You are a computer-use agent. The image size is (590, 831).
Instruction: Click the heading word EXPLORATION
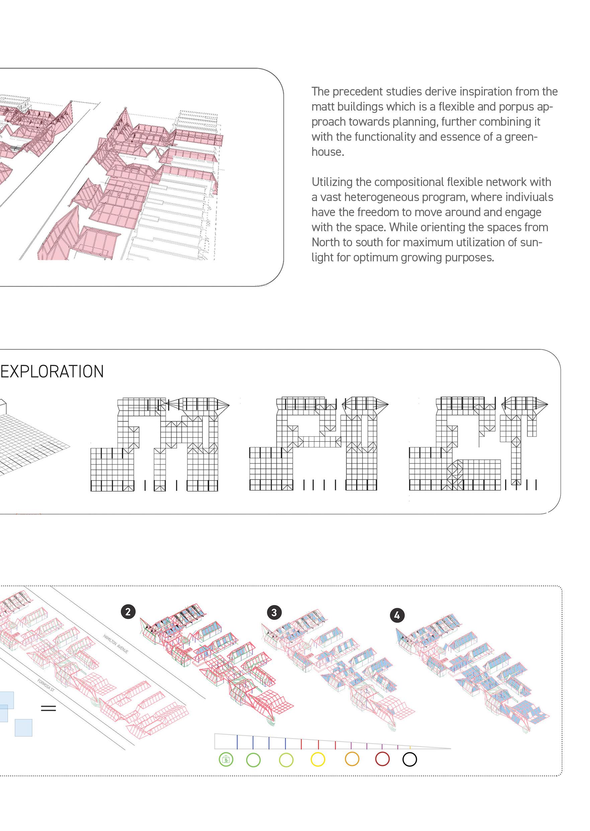[52, 372]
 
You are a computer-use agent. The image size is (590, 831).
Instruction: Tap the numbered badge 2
[128, 612]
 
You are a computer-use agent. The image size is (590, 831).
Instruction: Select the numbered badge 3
[274, 613]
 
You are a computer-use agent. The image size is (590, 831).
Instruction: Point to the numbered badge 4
[397, 615]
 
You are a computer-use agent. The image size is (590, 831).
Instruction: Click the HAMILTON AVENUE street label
[115, 644]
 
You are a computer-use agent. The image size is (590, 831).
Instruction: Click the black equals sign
[48, 708]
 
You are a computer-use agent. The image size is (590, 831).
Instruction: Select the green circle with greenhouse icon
[226, 759]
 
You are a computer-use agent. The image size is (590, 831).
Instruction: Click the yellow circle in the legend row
[318, 759]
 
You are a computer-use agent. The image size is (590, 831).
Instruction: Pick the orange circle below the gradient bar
[352, 759]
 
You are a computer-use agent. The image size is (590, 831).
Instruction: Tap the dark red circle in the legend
[382, 759]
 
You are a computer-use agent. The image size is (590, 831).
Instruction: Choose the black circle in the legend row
[410, 759]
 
